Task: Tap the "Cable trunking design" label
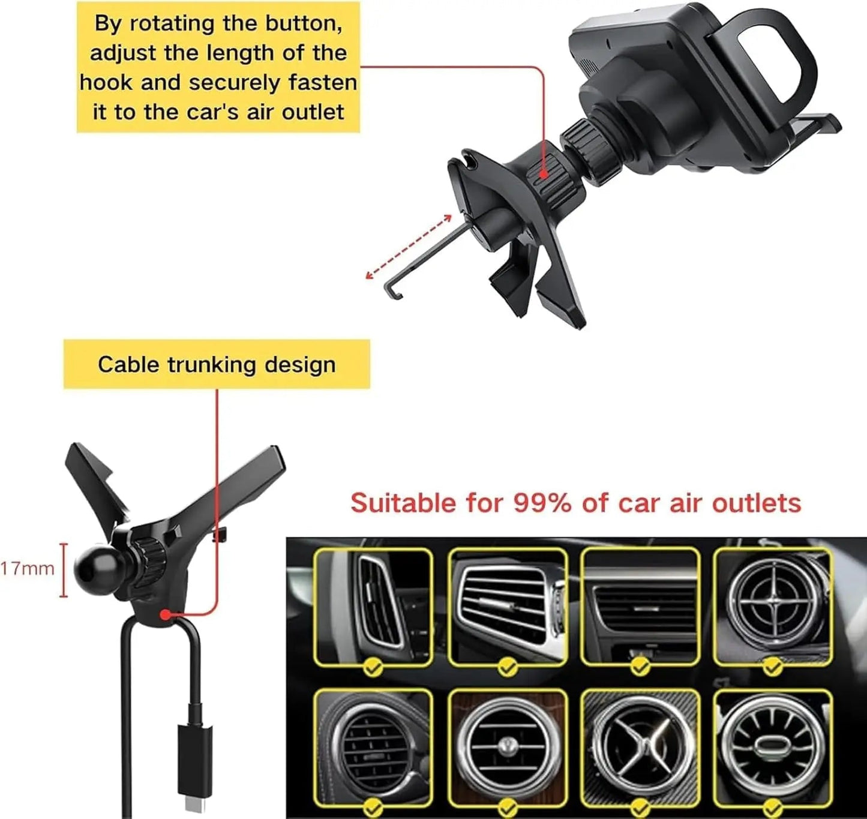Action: tap(217, 365)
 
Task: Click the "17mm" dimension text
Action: tap(27, 569)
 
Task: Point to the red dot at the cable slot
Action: tap(164, 615)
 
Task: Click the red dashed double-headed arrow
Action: tap(409, 247)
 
